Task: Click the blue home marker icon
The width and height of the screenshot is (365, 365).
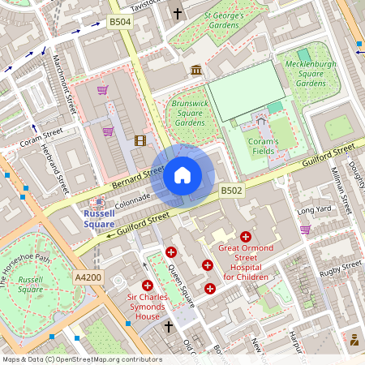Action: (x=182, y=175)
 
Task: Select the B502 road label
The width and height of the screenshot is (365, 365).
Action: (x=231, y=191)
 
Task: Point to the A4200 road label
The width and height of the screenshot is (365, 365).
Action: (x=88, y=277)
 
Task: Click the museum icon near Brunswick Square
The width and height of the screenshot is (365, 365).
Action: (x=195, y=71)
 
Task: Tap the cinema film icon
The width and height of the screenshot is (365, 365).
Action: (x=140, y=140)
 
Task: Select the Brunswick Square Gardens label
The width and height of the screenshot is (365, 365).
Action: (x=190, y=113)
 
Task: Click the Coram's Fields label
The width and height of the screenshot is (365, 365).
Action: (x=264, y=145)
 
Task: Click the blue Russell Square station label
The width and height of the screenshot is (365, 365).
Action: (x=99, y=218)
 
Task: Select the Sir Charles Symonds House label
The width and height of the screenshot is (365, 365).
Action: (x=148, y=307)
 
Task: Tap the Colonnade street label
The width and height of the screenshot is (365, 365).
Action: (x=134, y=197)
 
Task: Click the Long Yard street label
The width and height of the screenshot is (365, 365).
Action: (x=315, y=210)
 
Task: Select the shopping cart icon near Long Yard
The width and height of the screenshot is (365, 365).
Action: (x=305, y=230)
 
